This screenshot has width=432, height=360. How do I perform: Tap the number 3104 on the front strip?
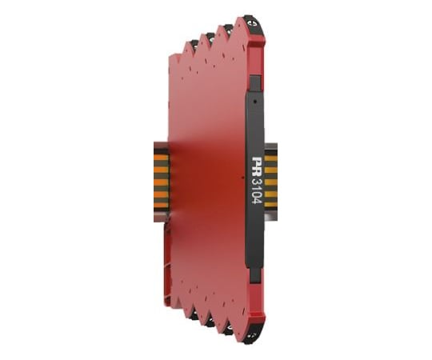pyautogui.click(x=257, y=191)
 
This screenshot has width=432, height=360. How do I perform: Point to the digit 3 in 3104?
pyautogui.click(x=257, y=182)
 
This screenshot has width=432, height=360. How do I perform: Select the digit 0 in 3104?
pyautogui.click(x=257, y=194)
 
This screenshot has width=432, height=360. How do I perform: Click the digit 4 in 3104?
pyautogui.click(x=257, y=201)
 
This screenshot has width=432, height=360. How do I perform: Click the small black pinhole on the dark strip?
pyautogui.click(x=254, y=102)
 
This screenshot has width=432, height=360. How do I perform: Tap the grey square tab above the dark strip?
pyautogui.click(x=255, y=83)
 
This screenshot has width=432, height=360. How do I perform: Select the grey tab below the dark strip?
pyautogui.click(x=255, y=276)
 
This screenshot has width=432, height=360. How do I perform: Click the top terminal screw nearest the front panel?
pyautogui.click(x=251, y=22)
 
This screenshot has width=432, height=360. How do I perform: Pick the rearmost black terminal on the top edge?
pyautogui.click(x=194, y=44)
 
